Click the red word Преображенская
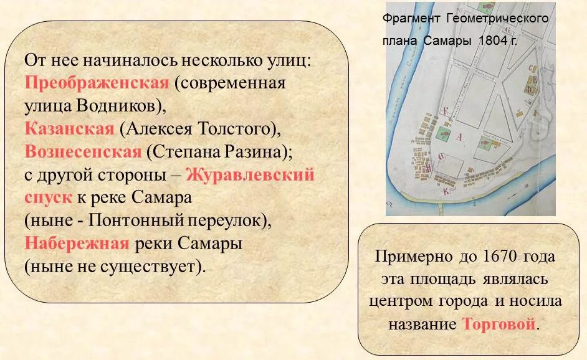click(x=97, y=83)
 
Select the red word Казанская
click(x=69, y=129)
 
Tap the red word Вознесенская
click(x=84, y=151)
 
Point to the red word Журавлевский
click(x=250, y=174)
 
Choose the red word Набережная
click(x=77, y=243)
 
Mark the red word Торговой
click(x=499, y=324)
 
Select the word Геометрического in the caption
click(x=498, y=18)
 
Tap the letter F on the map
click(x=445, y=110)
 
